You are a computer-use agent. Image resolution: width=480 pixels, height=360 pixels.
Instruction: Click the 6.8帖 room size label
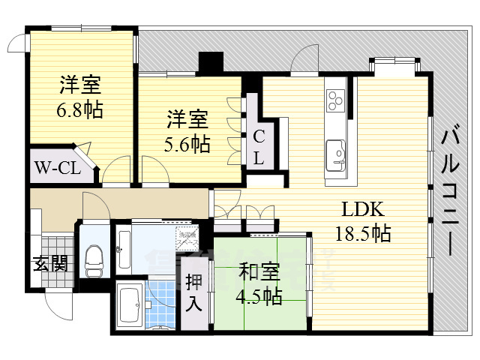click(x=80, y=110)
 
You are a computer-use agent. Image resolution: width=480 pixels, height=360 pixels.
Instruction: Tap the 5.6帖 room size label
click(x=187, y=142)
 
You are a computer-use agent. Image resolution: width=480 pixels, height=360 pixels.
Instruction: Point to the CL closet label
click(x=257, y=148)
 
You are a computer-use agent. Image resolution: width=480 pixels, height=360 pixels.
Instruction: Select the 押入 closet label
click(x=194, y=293)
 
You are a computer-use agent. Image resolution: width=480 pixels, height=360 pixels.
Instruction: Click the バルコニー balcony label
click(x=450, y=192)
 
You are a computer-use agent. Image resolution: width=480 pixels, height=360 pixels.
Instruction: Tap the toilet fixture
click(x=94, y=259)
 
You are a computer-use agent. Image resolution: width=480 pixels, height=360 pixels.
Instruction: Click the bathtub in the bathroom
click(x=132, y=306)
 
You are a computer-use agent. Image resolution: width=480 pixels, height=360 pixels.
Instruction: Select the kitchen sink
click(x=336, y=154)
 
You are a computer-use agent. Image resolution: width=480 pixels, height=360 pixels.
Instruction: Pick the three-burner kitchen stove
click(x=335, y=98)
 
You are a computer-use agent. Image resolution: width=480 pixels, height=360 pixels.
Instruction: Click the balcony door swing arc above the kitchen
click(x=307, y=60)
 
